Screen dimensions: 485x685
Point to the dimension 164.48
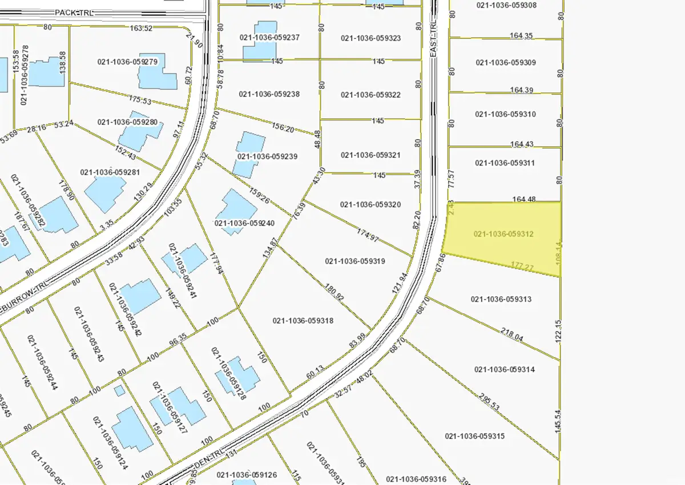click(x=524, y=199)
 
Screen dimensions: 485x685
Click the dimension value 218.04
click(x=511, y=334)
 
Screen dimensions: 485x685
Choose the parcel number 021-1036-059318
click(x=303, y=321)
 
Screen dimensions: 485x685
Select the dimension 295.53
click(x=489, y=402)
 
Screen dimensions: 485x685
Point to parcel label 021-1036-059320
click(x=370, y=204)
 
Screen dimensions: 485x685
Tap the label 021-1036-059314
click(x=504, y=369)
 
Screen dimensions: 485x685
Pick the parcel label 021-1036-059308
click(x=506, y=5)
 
